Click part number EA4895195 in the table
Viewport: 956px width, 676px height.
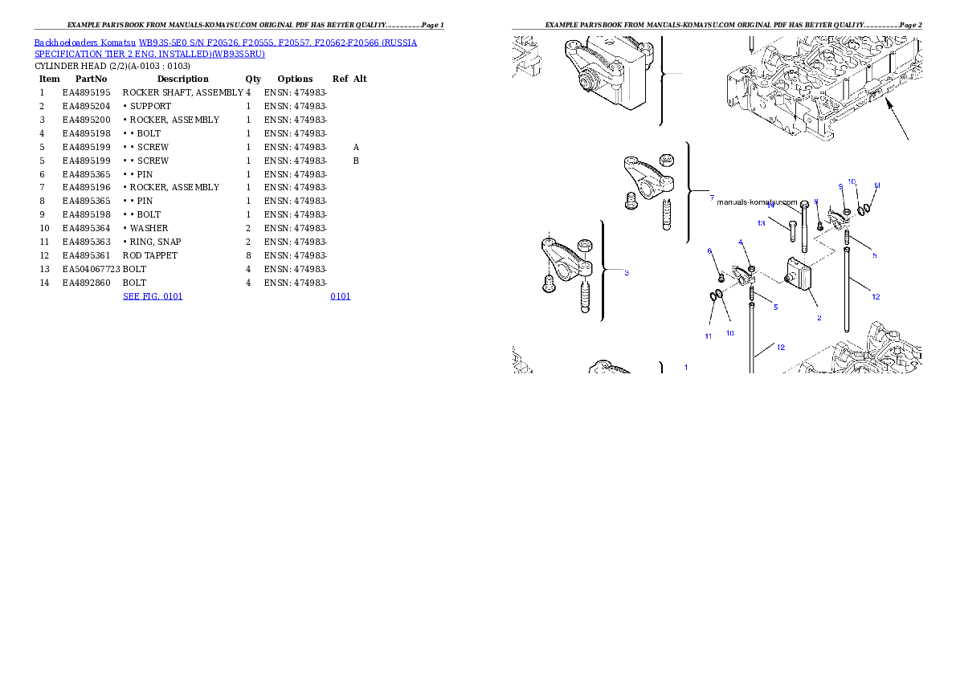coord(87,92)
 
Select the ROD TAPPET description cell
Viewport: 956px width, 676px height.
coord(150,255)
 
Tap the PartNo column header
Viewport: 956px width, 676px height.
coord(91,79)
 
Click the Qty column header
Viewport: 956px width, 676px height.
coord(253,79)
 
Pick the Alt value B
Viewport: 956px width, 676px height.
coord(356,161)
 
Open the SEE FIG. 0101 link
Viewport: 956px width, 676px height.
coord(153,296)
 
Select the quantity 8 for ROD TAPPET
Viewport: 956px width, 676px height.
coord(248,255)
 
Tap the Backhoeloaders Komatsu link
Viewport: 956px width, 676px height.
coord(84,43)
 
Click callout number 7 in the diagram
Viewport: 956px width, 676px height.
coord(712,198)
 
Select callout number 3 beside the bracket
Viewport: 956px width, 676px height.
coord(627,272)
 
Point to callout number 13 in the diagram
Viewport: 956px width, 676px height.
coord(761,223)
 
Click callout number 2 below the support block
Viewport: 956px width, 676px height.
coord(819,318)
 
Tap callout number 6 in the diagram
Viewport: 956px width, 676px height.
coord(709,251)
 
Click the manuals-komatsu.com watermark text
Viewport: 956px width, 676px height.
coord(757,202)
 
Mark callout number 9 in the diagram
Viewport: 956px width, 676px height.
coord(841,186)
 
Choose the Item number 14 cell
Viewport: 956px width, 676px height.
coord(44,283)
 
